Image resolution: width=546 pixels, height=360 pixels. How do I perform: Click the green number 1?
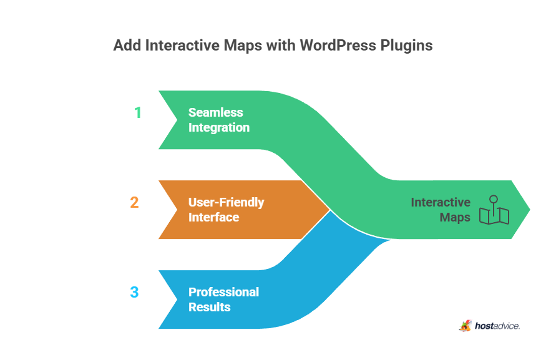pyautogui.click(x=138, y=113)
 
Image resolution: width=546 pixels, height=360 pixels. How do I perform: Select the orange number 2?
pyautogui.click(x=134, y=203)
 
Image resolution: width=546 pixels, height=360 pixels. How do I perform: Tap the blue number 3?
pyautogui.click(x=134, y=292)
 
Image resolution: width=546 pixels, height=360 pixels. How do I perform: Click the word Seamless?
pyautogui.click(x=216, y=113)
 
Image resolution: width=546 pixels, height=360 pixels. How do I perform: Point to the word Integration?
pyautogui.click(x=219, y=128)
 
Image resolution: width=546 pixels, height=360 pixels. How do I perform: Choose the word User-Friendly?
pyautogui.click(x=227, y=203)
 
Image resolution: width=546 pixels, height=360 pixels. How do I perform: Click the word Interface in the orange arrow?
pyautogui.click(x=214, y=218)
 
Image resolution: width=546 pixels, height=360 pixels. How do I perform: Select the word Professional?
pyautogui.click(x=224, y=292)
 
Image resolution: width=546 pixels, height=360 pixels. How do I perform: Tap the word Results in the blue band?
pyautogui.click(x=210, y=307)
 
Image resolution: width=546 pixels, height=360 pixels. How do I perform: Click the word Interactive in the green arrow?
pyautogui.click(x=441, y=203)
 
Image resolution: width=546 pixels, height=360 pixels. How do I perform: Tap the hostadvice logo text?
pyautogui.click(x=497, y=326)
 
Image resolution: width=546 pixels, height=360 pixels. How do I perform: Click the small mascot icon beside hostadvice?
pyautogui.click(x=465, y=325)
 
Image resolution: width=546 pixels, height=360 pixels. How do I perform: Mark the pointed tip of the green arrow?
pyautogui.click(x=529, y=210)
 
